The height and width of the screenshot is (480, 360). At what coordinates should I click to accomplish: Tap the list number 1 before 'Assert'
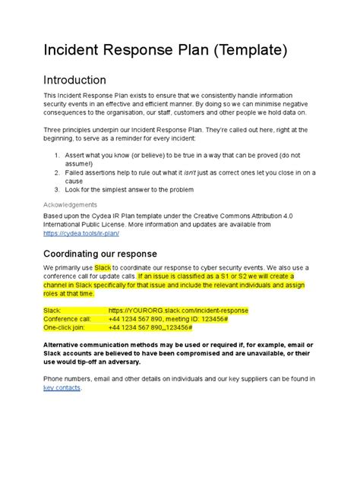tap(57, 155)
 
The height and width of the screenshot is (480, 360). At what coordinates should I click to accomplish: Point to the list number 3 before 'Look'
tap(57, 189)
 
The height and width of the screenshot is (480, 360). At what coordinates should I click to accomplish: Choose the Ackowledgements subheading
tap(70, 205)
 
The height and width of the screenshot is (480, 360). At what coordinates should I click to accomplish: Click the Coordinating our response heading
tap(99, 253)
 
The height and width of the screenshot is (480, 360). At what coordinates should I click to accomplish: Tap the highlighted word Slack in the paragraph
tap(103, 268)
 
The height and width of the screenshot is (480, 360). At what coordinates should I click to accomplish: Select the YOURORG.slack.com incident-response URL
tap(178, 311)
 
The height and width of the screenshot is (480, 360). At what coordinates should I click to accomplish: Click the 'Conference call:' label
tap(68, 319)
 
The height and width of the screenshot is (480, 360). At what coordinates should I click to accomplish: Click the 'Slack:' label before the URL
tap(52, 311)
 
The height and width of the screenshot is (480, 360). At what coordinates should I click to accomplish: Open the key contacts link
tap(62, 387)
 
